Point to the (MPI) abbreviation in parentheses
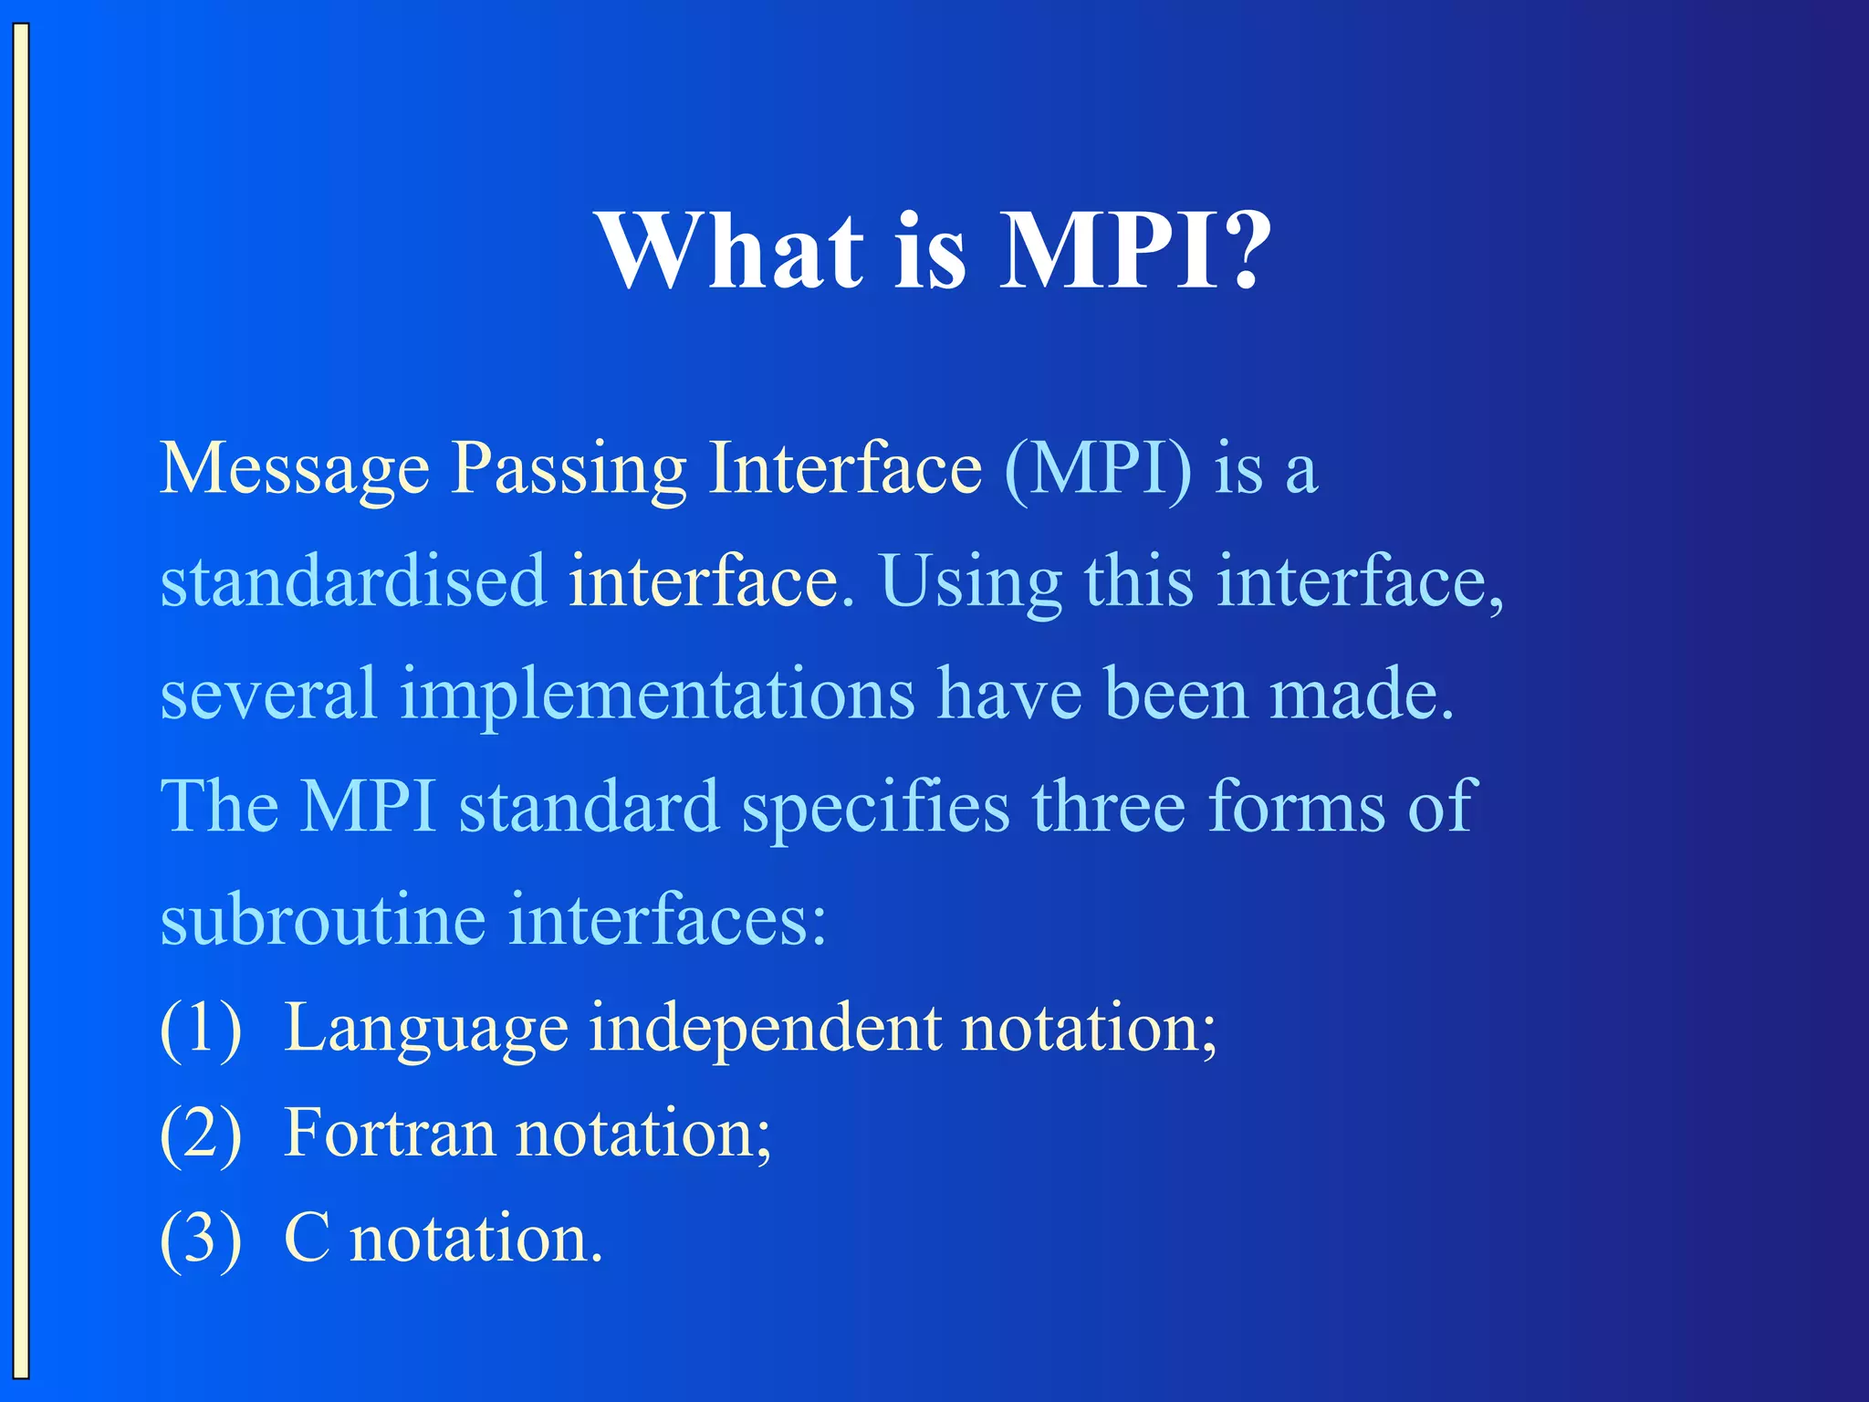(1098, 469)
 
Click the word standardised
(353, 581)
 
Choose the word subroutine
(323, 919)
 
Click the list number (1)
(201, 1029)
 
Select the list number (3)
(201, 1240)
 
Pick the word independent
(765, 1030)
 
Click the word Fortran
(390, 1134)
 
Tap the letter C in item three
(307, 1240)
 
